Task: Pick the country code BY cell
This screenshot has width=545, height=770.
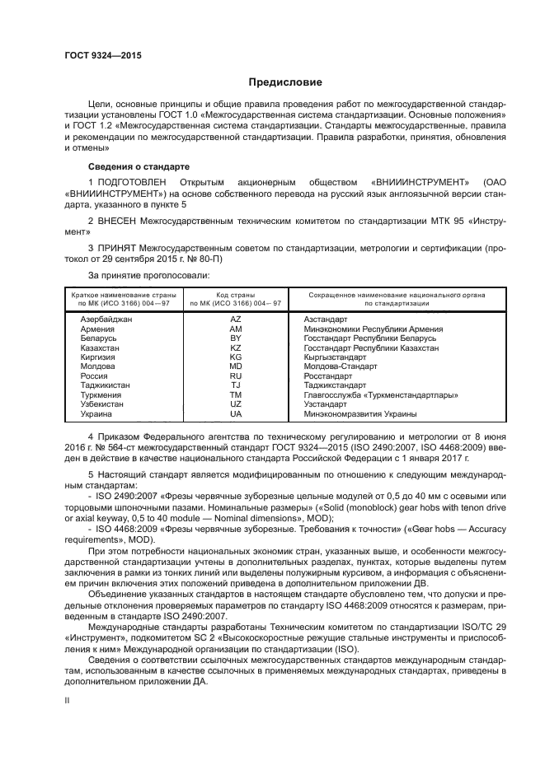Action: [235, 338]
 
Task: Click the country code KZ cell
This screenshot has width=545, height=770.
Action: [235, 348]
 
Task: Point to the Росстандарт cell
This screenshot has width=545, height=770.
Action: [328, 376]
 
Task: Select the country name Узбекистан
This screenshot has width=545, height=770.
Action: [102, 404]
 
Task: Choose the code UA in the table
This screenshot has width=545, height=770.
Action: [235, 414]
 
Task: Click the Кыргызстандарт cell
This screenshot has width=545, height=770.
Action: [336, 357]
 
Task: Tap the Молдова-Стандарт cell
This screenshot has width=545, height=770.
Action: [340, 366]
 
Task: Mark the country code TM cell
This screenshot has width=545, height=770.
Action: [235, 395]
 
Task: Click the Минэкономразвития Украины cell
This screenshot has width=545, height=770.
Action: [360, 414]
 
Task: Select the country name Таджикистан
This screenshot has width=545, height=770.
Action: [106, 385]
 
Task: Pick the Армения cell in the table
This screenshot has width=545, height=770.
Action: [98, 328]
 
